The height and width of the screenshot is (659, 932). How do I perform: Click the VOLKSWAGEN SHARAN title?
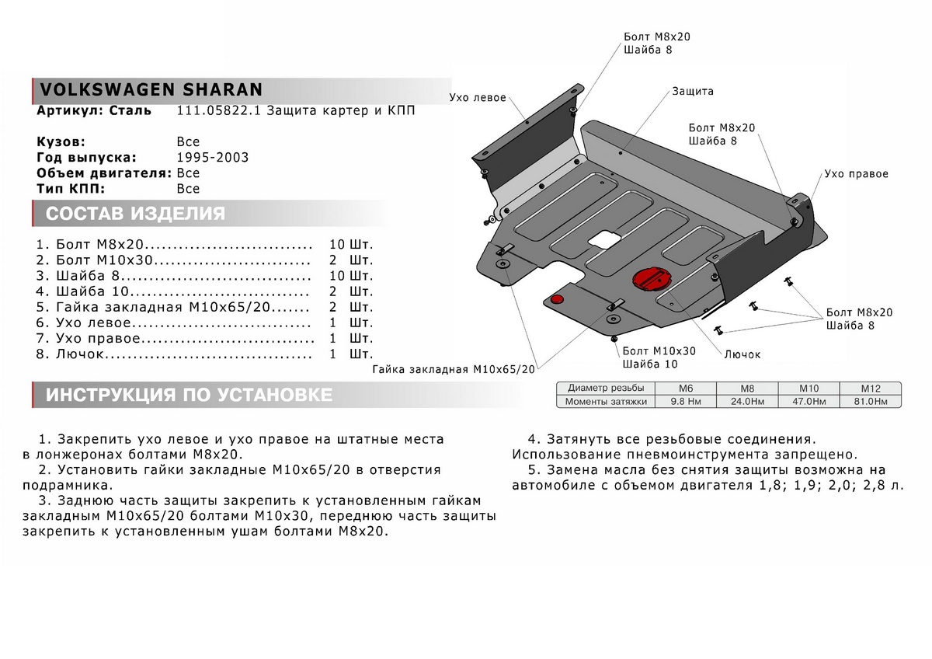(150, 89)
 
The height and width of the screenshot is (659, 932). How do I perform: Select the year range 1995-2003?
(213, 158)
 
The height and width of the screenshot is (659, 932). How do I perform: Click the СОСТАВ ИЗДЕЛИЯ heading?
(136, 214)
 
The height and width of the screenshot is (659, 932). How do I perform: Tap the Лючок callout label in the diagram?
(742, 354)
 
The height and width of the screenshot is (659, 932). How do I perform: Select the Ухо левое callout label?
(478, 98)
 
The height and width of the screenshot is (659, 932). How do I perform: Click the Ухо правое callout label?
(856, 174)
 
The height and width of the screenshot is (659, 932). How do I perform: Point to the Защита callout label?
(693, 91)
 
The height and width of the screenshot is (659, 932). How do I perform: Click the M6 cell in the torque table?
(684, 388)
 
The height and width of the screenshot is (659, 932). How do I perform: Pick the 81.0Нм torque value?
(869, 402)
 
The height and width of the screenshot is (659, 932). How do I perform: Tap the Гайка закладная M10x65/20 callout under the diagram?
(454, 370)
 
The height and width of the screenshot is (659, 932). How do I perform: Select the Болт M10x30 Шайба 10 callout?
(659, 357)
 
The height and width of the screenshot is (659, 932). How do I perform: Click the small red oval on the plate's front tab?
(556, 297)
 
